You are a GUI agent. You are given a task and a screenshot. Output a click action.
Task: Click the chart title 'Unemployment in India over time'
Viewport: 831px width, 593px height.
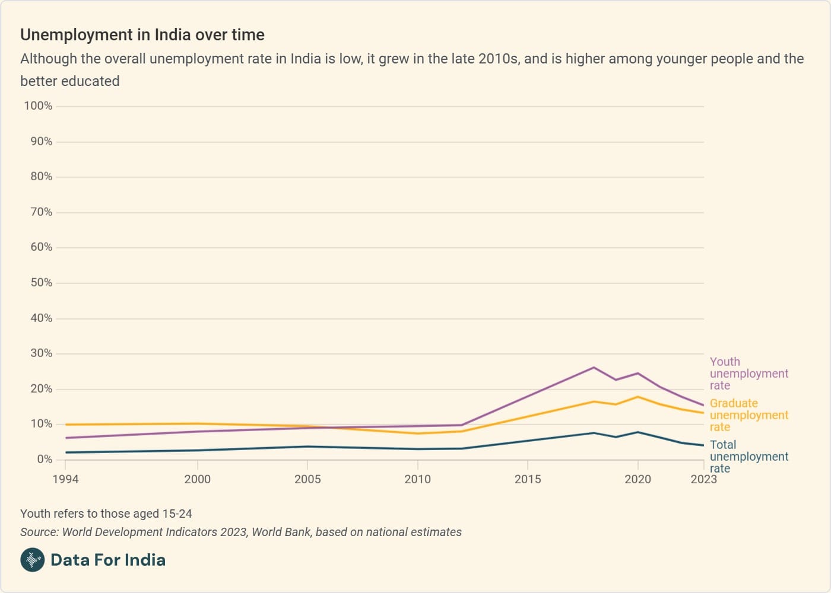[x=142, y=35]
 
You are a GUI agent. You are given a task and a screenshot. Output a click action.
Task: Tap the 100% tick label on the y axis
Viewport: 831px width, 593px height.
[x=38, y=106]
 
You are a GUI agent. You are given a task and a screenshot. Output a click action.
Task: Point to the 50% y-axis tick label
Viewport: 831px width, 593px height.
[x=42, y=283]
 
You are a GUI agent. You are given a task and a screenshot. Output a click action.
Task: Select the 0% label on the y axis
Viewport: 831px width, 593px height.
[x=45, y=460]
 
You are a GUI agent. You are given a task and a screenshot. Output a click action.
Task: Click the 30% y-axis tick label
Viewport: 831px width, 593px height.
[x=42, y=353]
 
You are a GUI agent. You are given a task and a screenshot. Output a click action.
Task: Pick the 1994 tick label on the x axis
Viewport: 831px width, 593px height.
[x=65, y=479]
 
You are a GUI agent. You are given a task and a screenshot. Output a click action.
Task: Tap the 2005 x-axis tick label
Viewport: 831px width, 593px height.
[x=307, y=479]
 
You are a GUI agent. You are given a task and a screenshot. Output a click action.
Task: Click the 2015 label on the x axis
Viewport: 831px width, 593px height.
[x=528, y=479]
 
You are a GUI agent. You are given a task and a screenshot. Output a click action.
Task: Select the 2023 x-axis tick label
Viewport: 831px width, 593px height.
[x=703, y=479]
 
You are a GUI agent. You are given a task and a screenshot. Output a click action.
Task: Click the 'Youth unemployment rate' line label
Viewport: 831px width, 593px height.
[x=748, y=374]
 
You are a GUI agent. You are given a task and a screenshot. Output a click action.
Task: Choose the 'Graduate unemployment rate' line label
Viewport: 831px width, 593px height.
[x=748, y=415]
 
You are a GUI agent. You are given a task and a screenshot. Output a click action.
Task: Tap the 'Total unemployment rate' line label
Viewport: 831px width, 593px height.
[x=748, y=457]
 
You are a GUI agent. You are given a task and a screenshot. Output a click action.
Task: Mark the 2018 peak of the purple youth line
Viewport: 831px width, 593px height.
[x=594, y=368]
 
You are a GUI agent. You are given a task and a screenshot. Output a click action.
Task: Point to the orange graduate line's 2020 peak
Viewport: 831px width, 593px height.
[x=638, y=397]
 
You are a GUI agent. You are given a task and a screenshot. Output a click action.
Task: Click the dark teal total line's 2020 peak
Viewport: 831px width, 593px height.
[x=638, y=432]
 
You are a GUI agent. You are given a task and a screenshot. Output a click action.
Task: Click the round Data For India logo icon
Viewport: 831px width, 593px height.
[x=33, y=560]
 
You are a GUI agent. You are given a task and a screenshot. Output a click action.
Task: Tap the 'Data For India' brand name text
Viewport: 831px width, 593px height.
[x=108, y=560]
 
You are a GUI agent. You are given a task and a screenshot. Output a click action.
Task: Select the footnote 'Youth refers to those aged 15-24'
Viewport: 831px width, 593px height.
[x=106, y=514]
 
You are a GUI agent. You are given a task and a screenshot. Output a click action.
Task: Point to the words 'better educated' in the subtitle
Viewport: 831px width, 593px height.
[x=70, y=81]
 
